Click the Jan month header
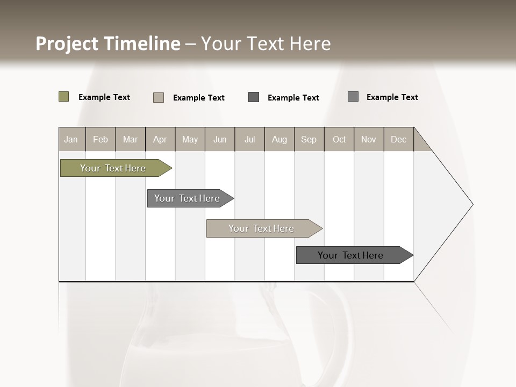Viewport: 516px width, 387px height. (71, 139)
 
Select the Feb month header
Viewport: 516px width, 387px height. (101, 139)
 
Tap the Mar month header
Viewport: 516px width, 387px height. (130, 139)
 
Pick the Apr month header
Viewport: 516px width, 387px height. (160, 139)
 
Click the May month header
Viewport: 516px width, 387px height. (190, 139)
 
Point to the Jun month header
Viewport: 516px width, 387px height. (220, 139)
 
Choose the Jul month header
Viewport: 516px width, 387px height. (249, 139)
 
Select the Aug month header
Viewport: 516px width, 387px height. (279, 139)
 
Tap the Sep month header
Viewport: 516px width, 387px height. (309, 139)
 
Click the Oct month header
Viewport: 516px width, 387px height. (339, 139)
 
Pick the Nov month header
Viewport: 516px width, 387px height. (369, 139)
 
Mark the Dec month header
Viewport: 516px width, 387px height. (399, 139)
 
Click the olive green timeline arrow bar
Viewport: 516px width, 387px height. (113, 168)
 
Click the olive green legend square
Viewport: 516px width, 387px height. (63, 97)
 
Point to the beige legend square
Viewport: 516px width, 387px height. (159, 97)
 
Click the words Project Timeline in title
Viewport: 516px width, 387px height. (107, 44)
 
